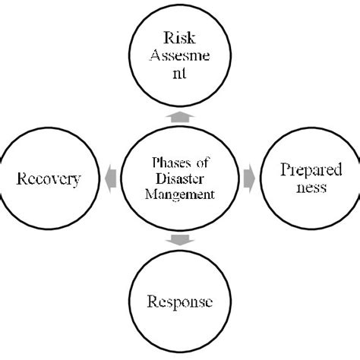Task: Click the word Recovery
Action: click(x=49, y=180)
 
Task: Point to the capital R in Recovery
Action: click(x=21, y=180)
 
